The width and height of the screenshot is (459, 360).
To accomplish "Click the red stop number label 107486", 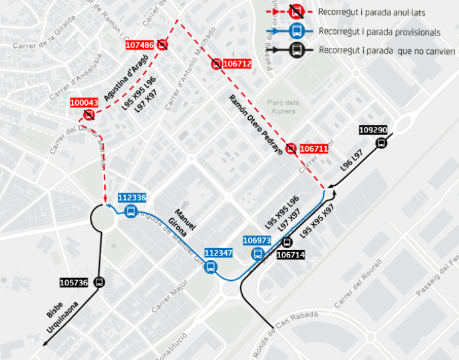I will click(140, 45).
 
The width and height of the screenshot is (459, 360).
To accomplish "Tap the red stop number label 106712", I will click(237, 65).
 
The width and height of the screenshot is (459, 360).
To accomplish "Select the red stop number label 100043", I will click(84, 103).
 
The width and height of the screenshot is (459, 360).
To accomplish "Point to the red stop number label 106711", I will click(314, 149).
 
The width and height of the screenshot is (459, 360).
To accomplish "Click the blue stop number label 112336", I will click(132, 198).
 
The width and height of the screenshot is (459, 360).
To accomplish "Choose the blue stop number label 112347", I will click(218, 254).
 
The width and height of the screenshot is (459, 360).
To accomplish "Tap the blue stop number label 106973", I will click(257, 240).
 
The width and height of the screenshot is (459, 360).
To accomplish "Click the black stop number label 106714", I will click(290, 255).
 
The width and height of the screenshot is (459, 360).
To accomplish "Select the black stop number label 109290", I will click(373, 129).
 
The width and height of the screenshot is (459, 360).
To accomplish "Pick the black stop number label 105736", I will click(74, 283).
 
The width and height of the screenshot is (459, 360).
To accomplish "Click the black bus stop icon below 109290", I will click(382, 142).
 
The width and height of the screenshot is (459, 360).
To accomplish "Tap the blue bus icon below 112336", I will click(130, 212).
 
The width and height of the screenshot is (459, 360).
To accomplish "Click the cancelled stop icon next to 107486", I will click(163, 45).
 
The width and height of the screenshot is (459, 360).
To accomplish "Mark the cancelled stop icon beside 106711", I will click(291, 148).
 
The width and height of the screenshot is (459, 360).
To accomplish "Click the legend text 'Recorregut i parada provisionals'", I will click(379, 32).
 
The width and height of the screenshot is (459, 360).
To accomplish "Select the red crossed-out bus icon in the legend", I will click(297, 11).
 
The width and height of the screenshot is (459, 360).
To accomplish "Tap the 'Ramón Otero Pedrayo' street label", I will click(255, 124).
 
